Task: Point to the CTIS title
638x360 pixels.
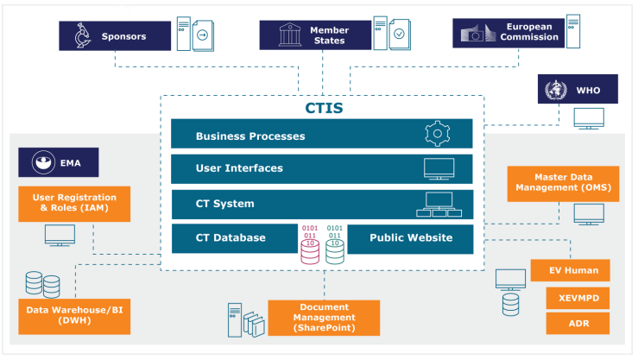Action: click(x=324, y=109)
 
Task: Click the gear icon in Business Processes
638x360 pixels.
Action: click(x=438, y=135)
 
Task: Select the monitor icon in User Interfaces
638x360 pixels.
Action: click(x=439, y=167)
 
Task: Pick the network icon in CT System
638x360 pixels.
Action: click(x=438, y=204)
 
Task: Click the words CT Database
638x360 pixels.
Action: click(x=231, y=237)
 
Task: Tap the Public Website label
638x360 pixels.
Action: click(x=411, y=237)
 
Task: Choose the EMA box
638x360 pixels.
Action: click(x=59, y=162)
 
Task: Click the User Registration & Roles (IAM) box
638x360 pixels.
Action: click(x=73, y=204)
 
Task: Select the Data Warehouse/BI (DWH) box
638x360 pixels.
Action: click(x=73, y=317)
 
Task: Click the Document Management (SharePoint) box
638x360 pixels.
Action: click(x=324, y=317)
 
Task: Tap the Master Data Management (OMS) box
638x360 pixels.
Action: click(x=563, y=183)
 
